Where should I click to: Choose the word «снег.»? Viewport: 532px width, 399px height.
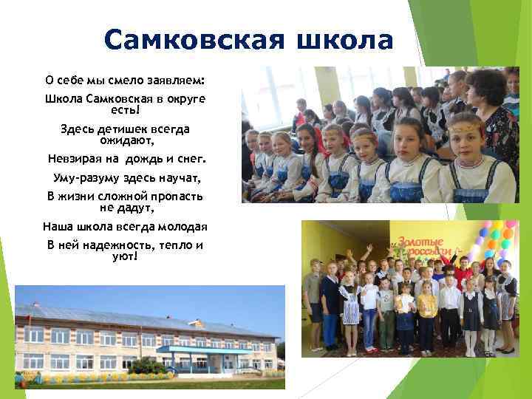tap(190, 159)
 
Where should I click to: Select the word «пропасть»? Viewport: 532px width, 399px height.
tap(174, 197)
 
